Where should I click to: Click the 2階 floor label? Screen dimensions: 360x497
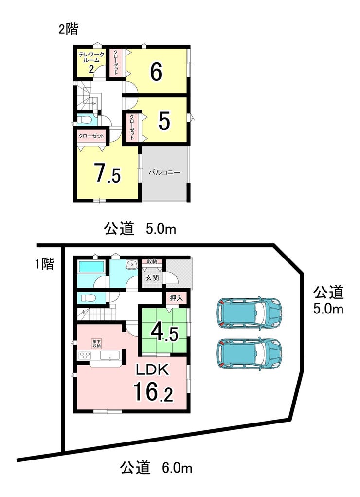click(x=68, y=30)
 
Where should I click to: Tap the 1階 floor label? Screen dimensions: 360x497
click(x=44, y=264)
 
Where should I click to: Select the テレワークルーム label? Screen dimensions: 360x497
click(x=91, y=57)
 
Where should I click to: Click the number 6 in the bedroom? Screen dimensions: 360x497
click(x=156, y=72)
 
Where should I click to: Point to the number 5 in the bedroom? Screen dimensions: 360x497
click(x=164, y=121)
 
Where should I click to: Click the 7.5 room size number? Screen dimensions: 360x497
click(x=108, y=173)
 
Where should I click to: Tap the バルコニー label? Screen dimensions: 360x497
click(x=164, y=172)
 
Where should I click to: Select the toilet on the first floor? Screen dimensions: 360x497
click(x=86, y=298)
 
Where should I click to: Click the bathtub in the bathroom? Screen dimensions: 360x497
click(x=91, y=267)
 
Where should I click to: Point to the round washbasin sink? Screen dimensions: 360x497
click(x=130, y=265)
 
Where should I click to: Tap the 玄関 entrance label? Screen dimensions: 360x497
click(x=152, y=278)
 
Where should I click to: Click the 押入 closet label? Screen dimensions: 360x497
click(x=176, y=298)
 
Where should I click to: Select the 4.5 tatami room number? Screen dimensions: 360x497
click(x=164, y=333)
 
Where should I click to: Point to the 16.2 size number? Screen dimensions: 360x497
click(x=153, y=391)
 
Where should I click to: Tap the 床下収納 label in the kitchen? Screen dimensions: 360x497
click(x=96, y=344)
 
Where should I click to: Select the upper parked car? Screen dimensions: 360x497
click(x=249, y=313)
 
